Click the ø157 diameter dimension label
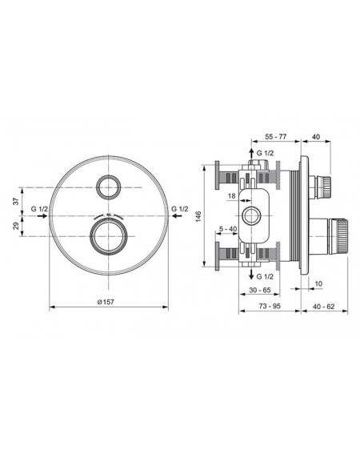click(x=106, y=302)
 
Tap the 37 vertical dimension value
click(x=17, y=201)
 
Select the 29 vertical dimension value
click(x=17, y=226)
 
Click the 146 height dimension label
click(x=198, y=217)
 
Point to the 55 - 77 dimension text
click(x=275, y=137)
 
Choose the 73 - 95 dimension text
click(x=270, y=306)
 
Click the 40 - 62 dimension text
click(x=323, y=306)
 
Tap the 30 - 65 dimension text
click(x=259, y=290)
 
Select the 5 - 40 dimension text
click(x=228, y=229)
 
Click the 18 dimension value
click(x=231, y=196)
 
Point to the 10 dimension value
click(x=318, y=283)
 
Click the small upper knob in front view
click(x=109, y=187)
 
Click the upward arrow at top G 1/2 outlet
click(x=252, y=154)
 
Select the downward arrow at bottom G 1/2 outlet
click(x=252, y=274)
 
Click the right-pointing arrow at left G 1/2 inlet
click(x=42, y=215)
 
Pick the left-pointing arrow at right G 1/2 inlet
click(x=177, y=215)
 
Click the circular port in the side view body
click(x=251, y=215)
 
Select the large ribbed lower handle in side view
click(x=338, y=236)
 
